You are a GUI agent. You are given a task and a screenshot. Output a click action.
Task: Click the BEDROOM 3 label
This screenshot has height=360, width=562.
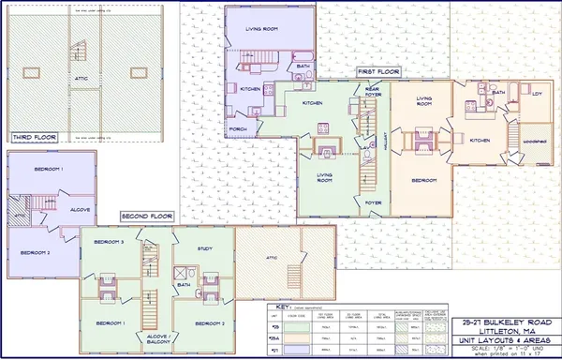tap(109, 242)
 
